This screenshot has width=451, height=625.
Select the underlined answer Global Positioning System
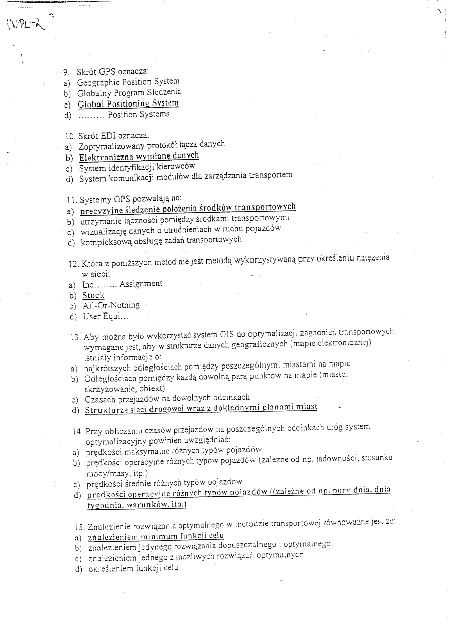coord(128,103)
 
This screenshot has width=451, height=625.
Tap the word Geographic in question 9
coord(98,82)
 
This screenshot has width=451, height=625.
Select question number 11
coord(70,199)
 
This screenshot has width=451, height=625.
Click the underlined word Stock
coord(93,295)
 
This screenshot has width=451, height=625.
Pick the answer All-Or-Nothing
coord(111,305)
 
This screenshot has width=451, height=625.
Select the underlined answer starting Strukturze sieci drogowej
coord(201,408)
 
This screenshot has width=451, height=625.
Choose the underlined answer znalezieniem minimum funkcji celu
coord(156,536)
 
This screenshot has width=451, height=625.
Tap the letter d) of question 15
coord(78,569)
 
